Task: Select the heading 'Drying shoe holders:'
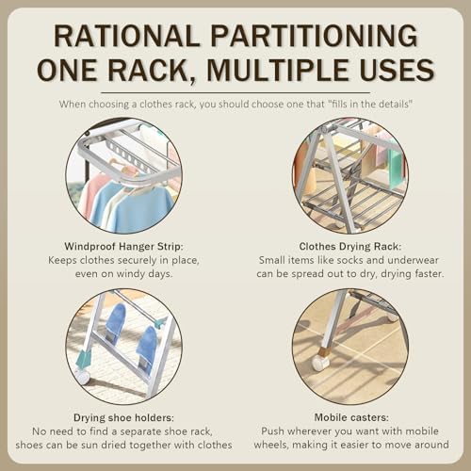(x=122, y=416)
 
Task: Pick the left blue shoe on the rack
(x=114, y=322)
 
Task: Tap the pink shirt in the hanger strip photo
(x=94, y=193)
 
